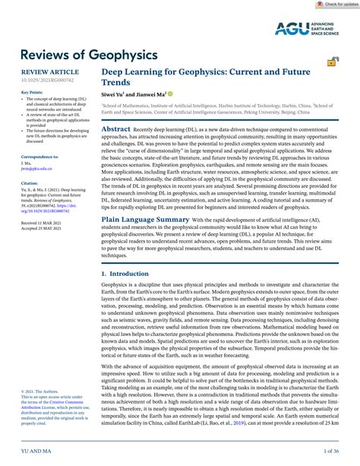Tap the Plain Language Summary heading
pos(144,240)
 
